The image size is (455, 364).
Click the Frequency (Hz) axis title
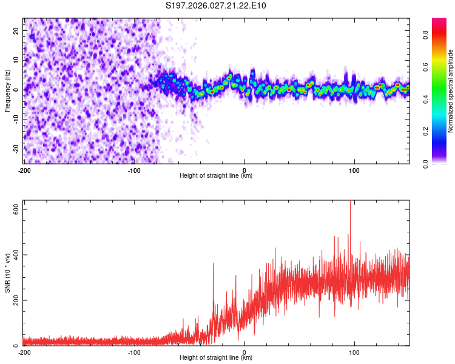tap(8, 89)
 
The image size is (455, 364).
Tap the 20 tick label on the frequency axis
tap(16, 32)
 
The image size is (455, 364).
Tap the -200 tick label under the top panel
tap(24, 169)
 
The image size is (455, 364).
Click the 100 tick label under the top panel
tap(354, 169)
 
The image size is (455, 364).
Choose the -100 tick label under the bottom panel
tap(134, 352)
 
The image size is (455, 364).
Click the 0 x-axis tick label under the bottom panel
tap(244, 352)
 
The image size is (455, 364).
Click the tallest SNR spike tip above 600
tap(350, 202)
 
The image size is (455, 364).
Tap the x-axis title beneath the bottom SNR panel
tap(216, 358)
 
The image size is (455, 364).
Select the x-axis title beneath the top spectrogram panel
tap(216, 175)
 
